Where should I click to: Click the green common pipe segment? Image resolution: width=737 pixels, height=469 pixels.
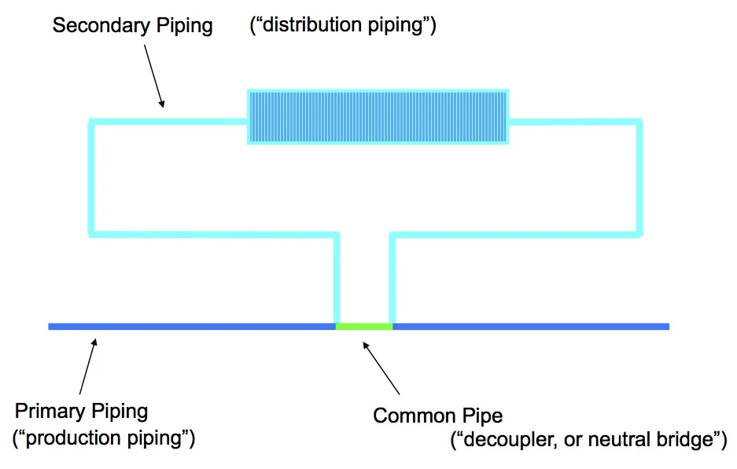[364, 326]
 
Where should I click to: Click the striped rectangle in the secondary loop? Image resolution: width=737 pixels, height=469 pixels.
[378, 117]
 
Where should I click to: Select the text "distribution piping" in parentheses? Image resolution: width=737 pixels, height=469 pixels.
[342, 25]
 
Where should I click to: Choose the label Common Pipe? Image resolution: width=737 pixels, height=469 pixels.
[437, 415]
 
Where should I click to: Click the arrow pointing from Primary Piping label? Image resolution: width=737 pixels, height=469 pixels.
[87, 365]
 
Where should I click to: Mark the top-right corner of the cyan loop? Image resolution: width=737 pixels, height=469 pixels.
[639, 122]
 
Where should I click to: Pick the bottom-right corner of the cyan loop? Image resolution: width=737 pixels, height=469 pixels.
[639, 233]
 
